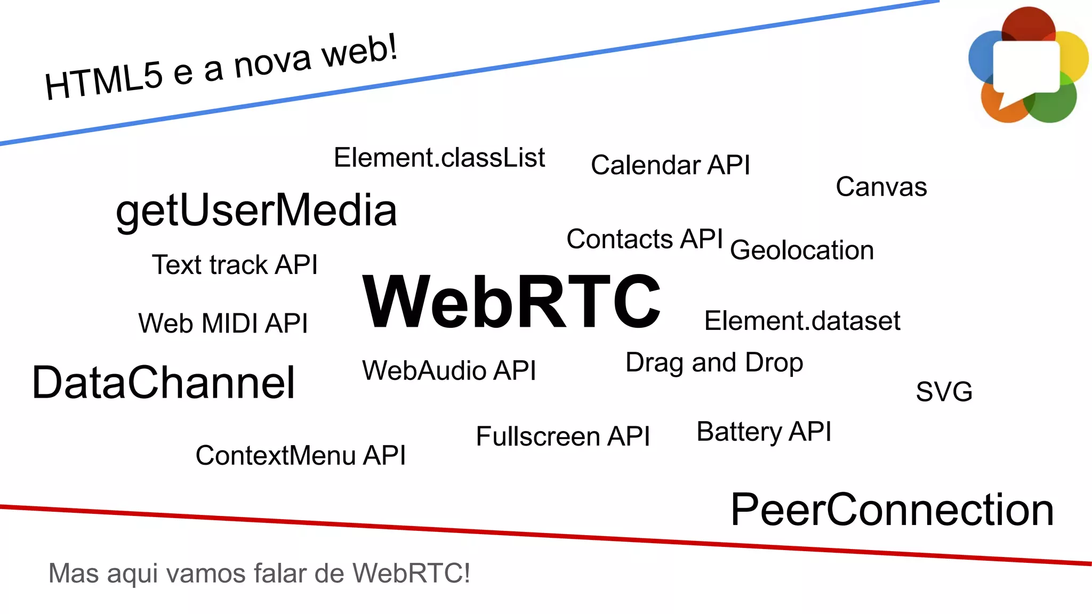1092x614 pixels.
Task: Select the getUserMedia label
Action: point(256,211)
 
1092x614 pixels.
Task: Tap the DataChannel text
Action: point(163,382)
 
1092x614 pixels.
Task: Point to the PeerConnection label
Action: point(892,510)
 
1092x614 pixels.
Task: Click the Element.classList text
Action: point(439,158)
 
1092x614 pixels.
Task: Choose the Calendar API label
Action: point(670,165)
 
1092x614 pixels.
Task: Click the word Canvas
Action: point(881,187)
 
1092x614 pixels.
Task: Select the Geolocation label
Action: point(802,251)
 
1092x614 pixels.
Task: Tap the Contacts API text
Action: point(645,239)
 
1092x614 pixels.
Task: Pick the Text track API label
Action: point(235,265)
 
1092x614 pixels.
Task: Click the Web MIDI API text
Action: point(223,324)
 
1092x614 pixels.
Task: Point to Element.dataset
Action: point(802,321)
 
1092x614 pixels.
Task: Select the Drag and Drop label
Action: point(714,363)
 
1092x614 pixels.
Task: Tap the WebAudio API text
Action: point(449,370)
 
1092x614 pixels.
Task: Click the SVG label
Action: point(944,392)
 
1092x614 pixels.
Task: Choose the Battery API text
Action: point(764,432)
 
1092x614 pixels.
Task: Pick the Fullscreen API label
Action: point(563,437)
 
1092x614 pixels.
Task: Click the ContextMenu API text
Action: point(301,456)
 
